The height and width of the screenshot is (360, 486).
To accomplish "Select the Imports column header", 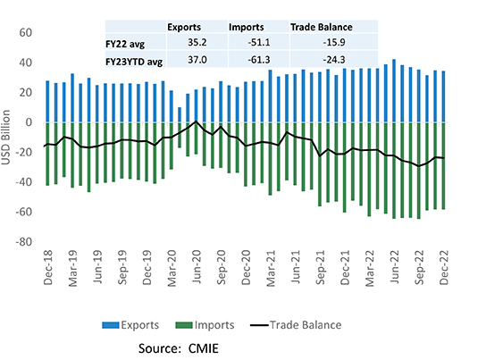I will click(x=247, y=27).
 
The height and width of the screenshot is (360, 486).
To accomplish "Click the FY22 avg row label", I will click(x=126, y=43).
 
